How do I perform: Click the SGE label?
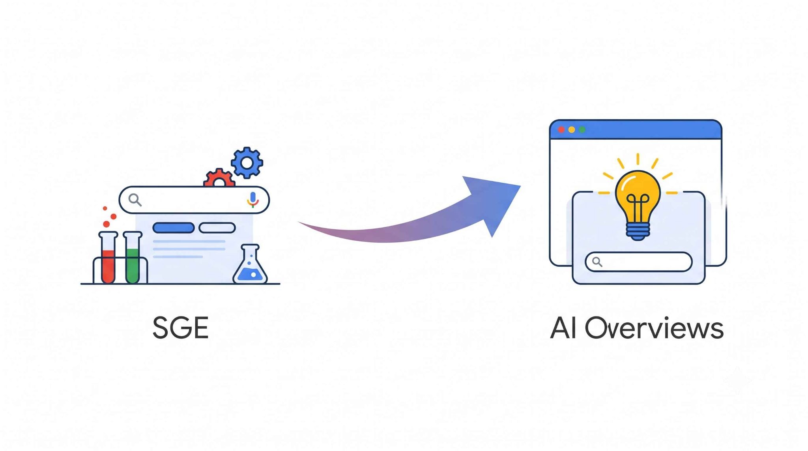coord(180,328)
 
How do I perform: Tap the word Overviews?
coord(654,328)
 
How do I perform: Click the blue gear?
coord(247,163)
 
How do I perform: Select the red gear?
coord(219,178)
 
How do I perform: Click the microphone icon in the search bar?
coord(252,200)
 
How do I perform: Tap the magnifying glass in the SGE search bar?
coord(135,200)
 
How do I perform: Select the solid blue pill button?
coord(174,228)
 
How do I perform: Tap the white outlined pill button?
coord(217,228)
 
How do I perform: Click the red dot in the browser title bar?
coord(561,130)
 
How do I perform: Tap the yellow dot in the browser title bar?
coord(572,130)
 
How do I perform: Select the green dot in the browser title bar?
coord(582,130)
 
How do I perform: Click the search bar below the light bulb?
coord(639,262)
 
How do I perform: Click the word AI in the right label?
coord(561,328)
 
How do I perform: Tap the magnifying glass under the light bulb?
coord(597,262)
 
